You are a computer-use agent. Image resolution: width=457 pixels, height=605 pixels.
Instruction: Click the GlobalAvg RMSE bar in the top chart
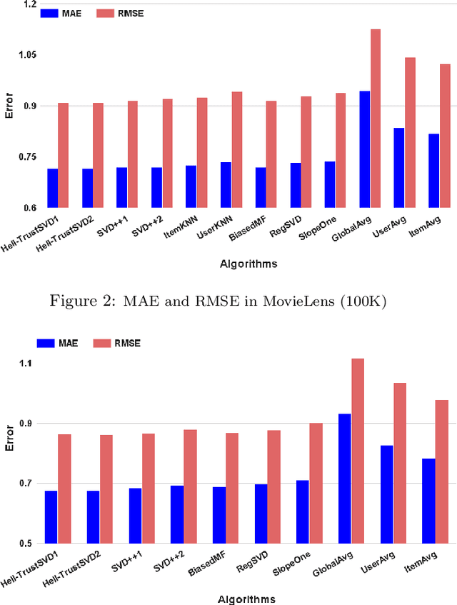click(x=376, y=119)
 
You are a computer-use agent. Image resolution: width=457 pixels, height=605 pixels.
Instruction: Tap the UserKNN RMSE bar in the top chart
click(x=236, y=149)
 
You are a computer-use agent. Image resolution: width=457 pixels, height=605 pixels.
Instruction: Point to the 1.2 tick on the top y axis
click(x=29, y=4)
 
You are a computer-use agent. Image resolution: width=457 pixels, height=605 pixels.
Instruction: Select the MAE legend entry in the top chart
click(x=63, y=13)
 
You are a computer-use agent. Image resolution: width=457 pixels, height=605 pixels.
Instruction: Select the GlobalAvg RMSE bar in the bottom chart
click(x=358, y=451)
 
